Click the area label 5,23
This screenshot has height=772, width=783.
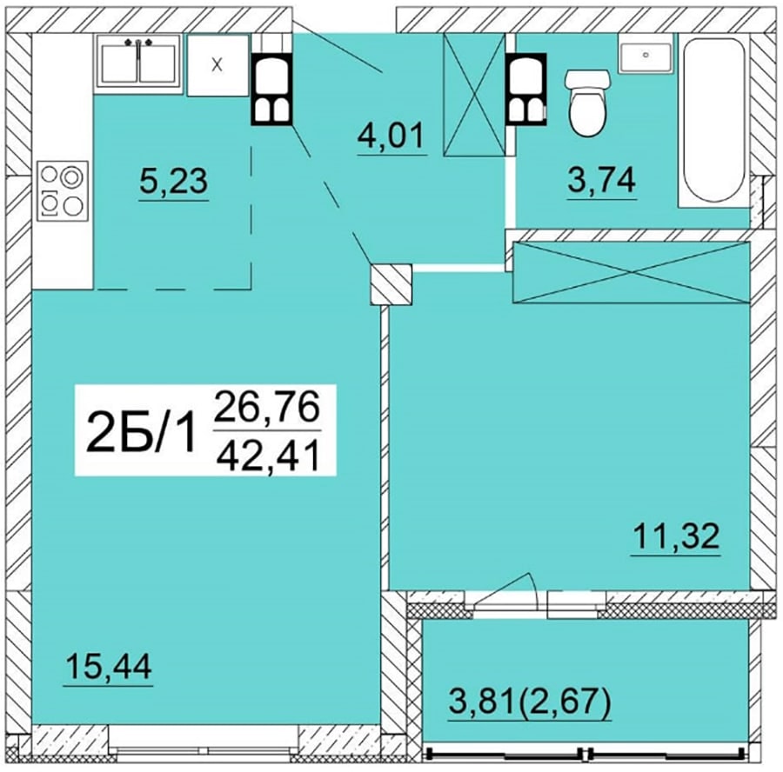coord(173,181)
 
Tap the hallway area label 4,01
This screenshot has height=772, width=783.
coord(391,136)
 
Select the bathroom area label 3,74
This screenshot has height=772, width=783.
coord(602,180)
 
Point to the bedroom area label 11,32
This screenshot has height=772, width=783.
coord(677,536)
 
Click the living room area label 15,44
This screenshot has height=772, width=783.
coord(109,667)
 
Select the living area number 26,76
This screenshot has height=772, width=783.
coord(267,406)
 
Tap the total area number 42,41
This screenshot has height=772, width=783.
coord(268,456)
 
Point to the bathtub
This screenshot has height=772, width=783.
coord(713,120)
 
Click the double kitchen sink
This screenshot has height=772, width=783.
coord(138,63)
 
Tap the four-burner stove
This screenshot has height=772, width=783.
coord(63,191)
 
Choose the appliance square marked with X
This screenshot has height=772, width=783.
coord(217,65)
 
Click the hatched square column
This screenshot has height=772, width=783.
coord(391,284)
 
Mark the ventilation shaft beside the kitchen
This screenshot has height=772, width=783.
coord(271,89)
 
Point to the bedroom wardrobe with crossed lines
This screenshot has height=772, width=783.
coord(632,272)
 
